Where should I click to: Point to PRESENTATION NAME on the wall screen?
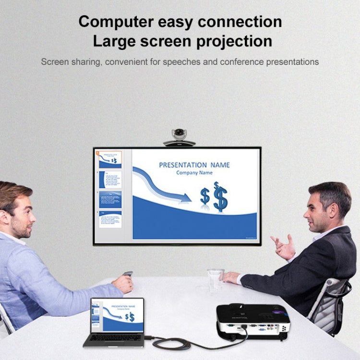click(x=194, y=165)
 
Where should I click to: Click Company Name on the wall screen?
click(x=194, y=173)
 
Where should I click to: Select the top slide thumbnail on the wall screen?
click(x=110, y=160)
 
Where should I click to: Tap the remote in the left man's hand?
click(x=127, y=274)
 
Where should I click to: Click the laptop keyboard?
click(x=113, y=338)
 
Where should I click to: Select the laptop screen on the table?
click(x=117, y=314)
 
